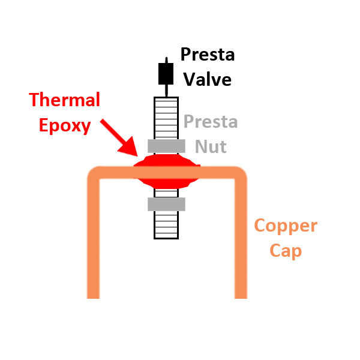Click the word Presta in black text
(x=208, y=55)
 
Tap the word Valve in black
(x=207, y=79)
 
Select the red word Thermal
(x=65, y=100)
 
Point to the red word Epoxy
(x=65, y=125)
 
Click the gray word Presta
(x=211, y=122)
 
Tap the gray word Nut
(x=211, y=146)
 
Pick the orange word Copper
(x=285, y=226)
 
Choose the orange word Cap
(x=285, y=250)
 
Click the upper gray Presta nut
(x=166, y=145)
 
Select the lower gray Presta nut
(x=166, y=205)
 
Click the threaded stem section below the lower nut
(x=166, y=225)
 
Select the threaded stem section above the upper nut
(x=166, y=117)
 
